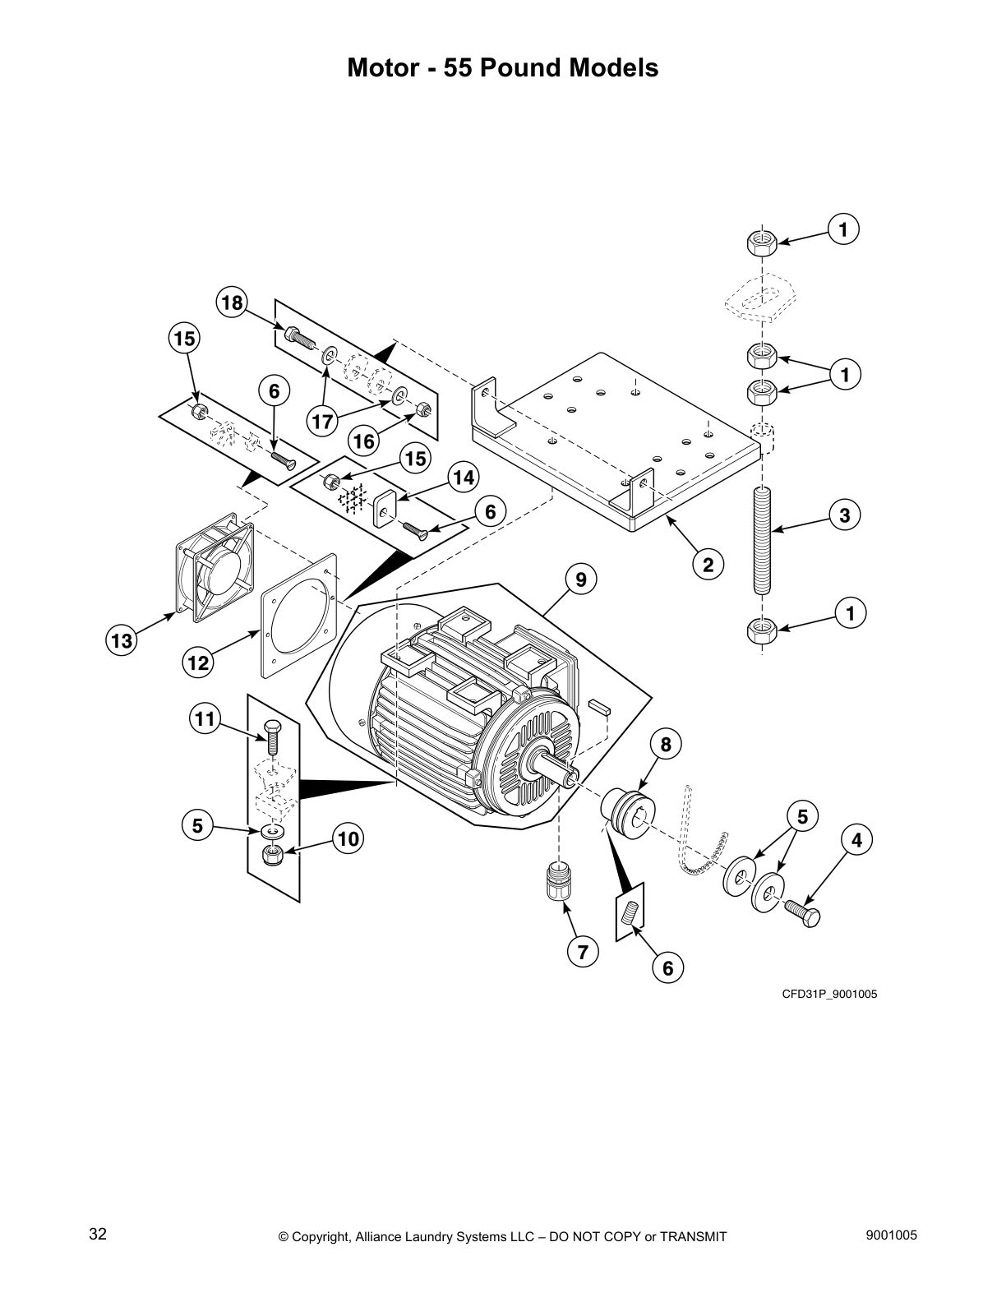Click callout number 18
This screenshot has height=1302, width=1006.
(x=233, y=303)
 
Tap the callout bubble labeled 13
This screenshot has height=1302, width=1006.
(x=122, y=641)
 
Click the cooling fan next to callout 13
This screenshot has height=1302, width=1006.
(x=210, y=566)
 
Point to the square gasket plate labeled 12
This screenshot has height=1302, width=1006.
(x=298, y=615)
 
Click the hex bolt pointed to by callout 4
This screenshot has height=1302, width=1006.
(x=805, y=913)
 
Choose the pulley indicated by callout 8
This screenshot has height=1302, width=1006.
(x=630, y=814)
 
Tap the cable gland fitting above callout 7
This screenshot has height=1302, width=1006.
(x=559, y=882)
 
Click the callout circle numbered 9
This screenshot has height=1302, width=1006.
(x=581, y=579)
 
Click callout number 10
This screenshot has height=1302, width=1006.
(x=348, y=838)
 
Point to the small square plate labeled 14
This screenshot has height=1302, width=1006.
(x=384, y=510)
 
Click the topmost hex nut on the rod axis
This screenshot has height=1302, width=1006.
(x=762, y=242)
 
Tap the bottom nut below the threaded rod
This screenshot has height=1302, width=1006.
(x=762, y=630)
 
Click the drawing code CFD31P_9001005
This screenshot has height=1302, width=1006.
(x=829, y=995)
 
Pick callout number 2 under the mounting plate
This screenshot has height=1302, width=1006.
(x=707, y=565)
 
